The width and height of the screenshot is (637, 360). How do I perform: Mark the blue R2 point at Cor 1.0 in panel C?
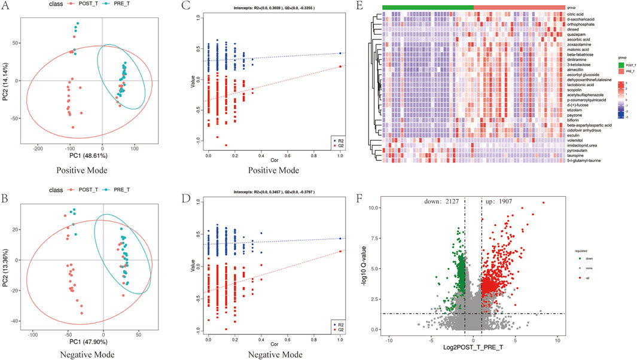[340, 53]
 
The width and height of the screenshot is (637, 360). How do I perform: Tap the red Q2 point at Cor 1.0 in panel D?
[340, 251]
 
